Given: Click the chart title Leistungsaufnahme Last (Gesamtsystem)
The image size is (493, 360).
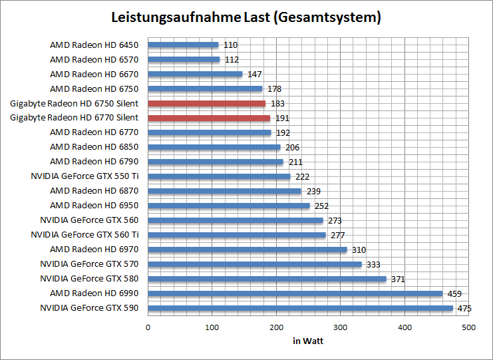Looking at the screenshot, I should [x=246, y=17].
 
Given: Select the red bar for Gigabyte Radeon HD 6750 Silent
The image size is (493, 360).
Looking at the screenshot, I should [x=207, y=103].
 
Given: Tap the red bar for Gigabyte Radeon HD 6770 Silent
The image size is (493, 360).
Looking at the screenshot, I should [x=209, y=118].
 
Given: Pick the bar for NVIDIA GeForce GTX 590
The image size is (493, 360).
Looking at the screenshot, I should [x=300, y=308].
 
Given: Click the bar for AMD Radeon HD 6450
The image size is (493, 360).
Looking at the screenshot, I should [x=183, y=45].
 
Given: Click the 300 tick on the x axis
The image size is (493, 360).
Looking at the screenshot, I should [x=340, y=327].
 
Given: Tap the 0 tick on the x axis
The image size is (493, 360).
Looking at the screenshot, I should [x=148, y=327].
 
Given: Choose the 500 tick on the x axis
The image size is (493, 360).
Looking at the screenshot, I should [x=468, y=327].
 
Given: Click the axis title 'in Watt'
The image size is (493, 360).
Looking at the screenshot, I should [x=307, y=341].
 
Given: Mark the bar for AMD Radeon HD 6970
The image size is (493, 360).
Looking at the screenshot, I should [x=247, y=250].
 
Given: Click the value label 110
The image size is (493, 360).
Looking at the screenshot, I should [x=230, y=45].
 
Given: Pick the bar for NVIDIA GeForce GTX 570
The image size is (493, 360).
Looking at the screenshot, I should [x=255, y=264].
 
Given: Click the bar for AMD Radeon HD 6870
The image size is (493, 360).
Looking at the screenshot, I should [x=224, y=191].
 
